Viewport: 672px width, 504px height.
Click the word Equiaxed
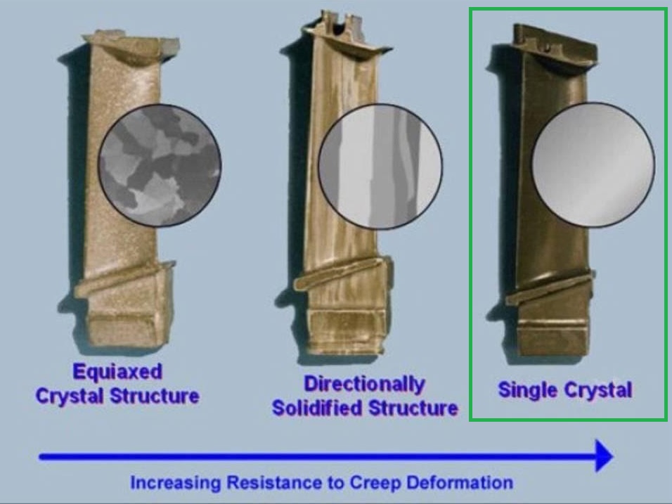coord(117,372)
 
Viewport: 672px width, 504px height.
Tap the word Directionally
coord(365,384)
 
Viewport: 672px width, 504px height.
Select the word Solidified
coord(318,408)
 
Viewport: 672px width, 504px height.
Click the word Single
coord(528,390)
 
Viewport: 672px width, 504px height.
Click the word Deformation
coord(460,483)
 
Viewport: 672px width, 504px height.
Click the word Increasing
coord(176,483)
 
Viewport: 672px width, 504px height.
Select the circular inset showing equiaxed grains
coord(160,165)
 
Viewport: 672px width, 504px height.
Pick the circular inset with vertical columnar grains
coord(380,166)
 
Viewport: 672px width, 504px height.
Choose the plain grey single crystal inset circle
coord(593,164)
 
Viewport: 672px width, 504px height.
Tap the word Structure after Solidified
coord(413,408)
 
